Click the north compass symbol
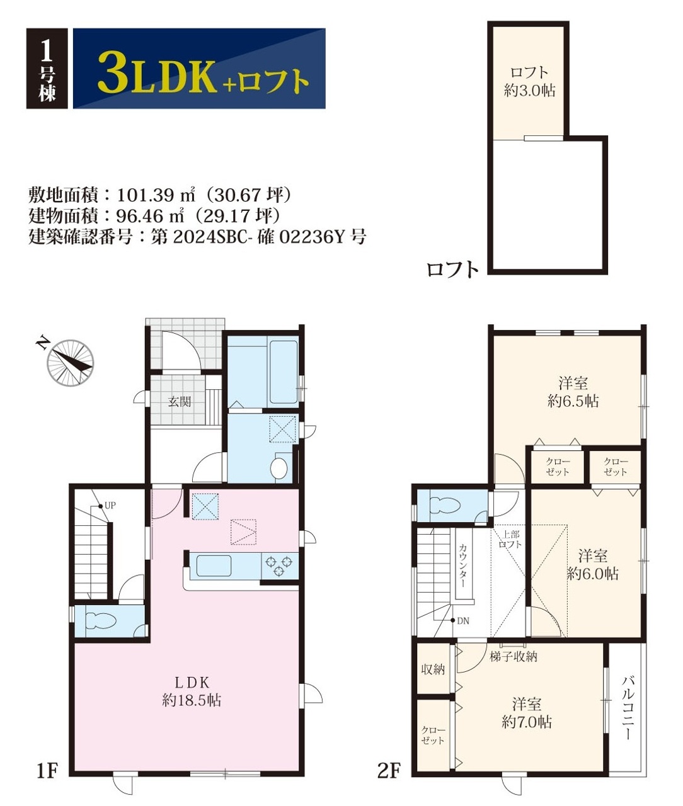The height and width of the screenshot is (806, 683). tap(70, 363)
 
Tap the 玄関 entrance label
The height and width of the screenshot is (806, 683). tap(180, 401)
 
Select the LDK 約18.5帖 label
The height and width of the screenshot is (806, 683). tap(192, 693)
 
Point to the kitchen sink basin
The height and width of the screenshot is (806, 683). tap(214, 566)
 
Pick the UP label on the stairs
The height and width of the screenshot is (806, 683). tap(110, 506)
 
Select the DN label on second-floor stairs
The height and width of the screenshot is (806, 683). tap(463, 621)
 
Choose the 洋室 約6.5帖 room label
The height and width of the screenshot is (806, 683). tap(573, 392)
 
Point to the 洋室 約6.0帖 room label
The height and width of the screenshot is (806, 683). tap(592, 565)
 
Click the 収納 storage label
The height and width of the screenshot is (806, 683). tap(433, 669)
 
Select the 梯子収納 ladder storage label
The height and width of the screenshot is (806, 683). tap(514, 657)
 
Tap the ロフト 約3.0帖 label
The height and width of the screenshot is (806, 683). tap(530, 81)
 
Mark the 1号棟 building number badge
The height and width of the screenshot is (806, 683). tap(47, 68)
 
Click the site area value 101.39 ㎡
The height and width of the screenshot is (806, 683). tap(156, 195)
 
